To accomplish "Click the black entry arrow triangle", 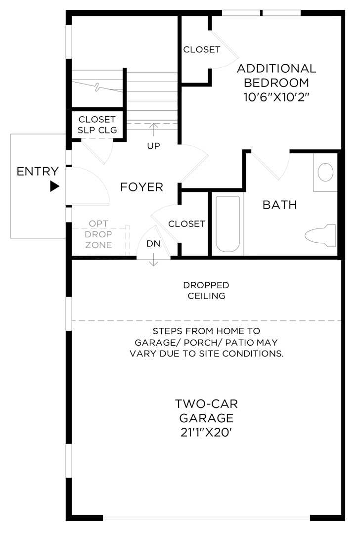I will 54,186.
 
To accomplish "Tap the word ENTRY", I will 38,172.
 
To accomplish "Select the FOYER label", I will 141,187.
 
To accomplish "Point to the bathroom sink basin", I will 325,173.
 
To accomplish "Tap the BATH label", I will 279,205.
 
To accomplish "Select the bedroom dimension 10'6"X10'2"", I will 276,97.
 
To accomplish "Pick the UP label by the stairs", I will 153,146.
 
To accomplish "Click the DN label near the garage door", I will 153,244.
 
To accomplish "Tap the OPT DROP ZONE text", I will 98,234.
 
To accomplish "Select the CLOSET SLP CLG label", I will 97,125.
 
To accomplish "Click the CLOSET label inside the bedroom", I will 201,50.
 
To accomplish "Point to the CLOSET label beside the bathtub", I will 186,224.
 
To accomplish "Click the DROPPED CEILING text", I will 206,291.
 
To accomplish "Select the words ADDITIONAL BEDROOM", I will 276,75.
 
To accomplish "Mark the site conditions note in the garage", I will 206,342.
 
